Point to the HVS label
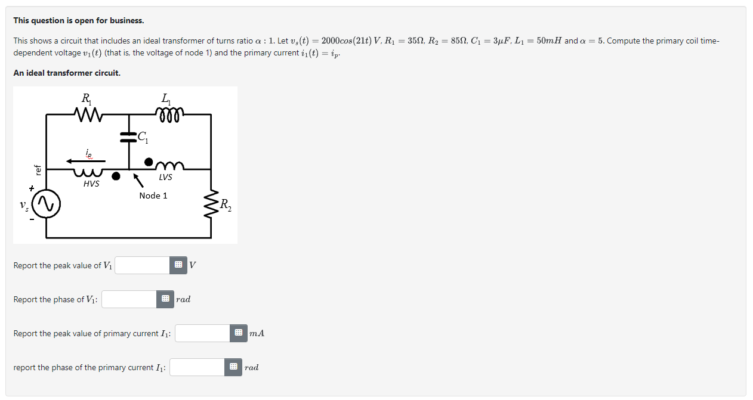[91, 184]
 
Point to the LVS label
[165, 177]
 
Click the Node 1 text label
[153, 196]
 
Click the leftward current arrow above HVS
[86, 160]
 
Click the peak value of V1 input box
[143, 265]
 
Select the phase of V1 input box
[129, 299]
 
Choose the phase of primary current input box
[197, 367]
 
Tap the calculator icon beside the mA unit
[238, 333]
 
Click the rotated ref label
[38, 170]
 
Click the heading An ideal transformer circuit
[67, 73]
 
